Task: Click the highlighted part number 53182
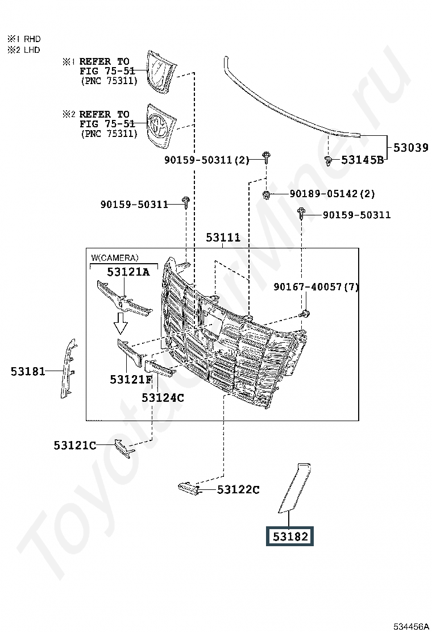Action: point(290,537)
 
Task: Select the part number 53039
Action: point(410,148)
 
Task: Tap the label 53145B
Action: point(362,160)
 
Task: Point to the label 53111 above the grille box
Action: point(223,238)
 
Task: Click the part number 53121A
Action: point(128,272)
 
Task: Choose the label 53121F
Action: point(131,379)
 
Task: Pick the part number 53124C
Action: point(163,398)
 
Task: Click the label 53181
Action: point(28,371)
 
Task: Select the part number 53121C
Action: point(75,446)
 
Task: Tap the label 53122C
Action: point(238,490)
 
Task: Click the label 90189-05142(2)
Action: point(332,194)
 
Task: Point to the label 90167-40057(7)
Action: point(316,287)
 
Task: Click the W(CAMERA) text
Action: point(114,257)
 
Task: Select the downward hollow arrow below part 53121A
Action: point(121,323)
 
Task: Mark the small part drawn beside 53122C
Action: point(189,488)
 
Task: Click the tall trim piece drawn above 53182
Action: point(294,488)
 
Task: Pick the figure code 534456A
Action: point(411,626)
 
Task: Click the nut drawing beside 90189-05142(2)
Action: point(266,195)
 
